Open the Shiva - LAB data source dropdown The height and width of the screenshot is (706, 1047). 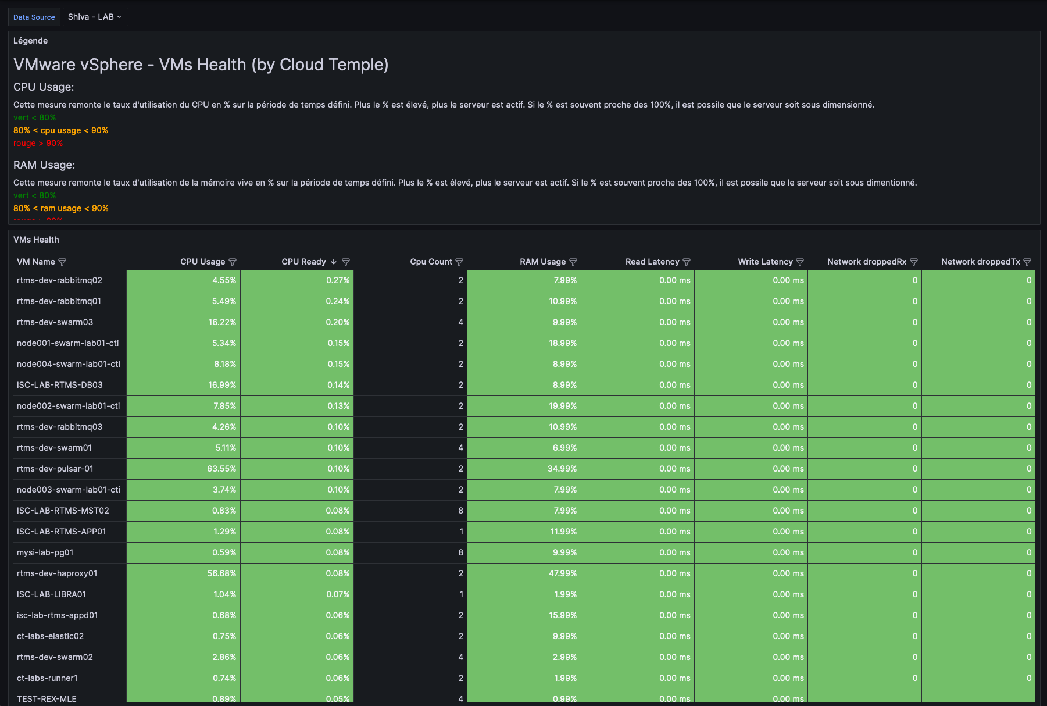95,17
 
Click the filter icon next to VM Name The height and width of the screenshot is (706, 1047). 63,262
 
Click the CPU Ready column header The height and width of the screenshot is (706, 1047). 303,262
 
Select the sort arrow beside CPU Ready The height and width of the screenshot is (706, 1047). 334,262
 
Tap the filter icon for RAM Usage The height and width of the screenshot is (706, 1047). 573,262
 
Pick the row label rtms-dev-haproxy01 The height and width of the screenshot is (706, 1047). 57,573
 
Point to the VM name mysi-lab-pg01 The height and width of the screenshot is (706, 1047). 45,552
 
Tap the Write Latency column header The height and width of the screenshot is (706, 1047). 765,262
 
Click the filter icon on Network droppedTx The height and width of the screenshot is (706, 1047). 1027,262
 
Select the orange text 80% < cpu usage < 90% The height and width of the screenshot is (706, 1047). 60,130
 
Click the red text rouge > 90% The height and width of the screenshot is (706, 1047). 38,143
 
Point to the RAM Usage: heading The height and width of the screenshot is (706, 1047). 44,165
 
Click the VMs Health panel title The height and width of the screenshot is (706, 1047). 36,240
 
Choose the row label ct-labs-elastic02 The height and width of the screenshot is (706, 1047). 50,636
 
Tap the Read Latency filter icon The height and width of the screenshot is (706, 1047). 687,262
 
